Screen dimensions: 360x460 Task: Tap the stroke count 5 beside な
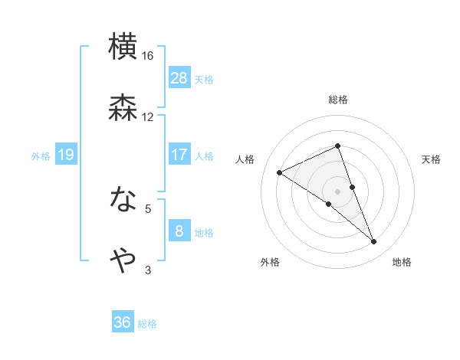coord(149,208)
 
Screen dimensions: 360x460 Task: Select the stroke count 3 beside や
coord(149,270)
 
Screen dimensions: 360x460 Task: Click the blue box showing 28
coord(179,77)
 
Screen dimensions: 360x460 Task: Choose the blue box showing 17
coord(179,155)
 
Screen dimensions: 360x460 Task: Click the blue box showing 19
coord(66,155)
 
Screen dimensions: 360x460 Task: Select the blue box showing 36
coord(123,322)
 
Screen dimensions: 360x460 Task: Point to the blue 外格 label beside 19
coord(41,155)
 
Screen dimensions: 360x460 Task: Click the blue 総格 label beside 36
coord(147,324)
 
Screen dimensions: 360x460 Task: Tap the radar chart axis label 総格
coord(338,100)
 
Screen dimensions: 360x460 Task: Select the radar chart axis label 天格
coord(432,159)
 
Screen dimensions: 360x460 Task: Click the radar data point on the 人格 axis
coord(280,172)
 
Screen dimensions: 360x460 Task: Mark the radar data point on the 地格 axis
coord(374,242)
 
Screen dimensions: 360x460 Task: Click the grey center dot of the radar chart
coord(338,191)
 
